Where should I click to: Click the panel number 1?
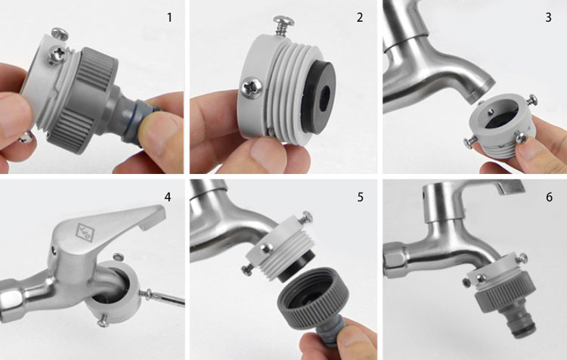(x=169, y=17)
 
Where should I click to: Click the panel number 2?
(x=359, y=17)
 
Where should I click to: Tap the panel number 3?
(x=549, y=17)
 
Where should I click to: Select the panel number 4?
(x=167, y=197)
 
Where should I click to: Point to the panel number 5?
(x=360, y=197)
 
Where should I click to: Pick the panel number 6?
(x=550, y=197)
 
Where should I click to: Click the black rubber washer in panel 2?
(x=318, y=97)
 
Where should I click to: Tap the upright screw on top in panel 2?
(x=283, y=25)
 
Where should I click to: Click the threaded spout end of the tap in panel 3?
(x=483, y=91)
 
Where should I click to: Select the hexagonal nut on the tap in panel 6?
(x=394, y=259)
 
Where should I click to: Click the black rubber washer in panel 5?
(x=296, y=268)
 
